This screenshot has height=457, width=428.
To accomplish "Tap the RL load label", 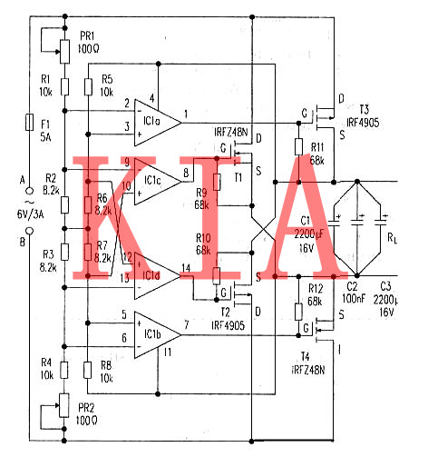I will click(391, 241).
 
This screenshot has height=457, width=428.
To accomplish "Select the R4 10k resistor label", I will click(45, 368).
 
